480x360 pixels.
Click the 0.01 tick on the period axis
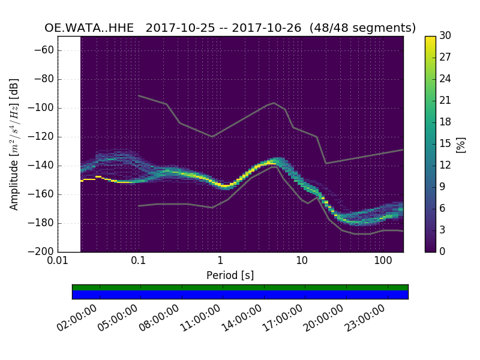tap(58, 261)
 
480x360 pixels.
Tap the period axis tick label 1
tap(220, 261)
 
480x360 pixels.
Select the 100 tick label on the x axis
tap(383, 261)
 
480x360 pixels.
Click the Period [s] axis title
tap(230, 275)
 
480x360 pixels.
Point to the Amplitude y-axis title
tap(14, 144)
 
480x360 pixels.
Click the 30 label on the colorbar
tap(446, 36)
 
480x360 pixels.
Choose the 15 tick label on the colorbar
tap(446, 143)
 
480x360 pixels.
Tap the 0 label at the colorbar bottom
tap(443, 251)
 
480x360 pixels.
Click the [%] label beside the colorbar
tap(461, 144)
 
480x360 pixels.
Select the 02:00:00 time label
tap(79, 318)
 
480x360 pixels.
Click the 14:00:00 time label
tap(242, 318)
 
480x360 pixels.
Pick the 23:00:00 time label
tap(365, 318)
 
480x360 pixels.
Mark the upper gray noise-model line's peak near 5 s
tap(274, 103)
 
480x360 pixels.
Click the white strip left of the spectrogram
tap(69, 144)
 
